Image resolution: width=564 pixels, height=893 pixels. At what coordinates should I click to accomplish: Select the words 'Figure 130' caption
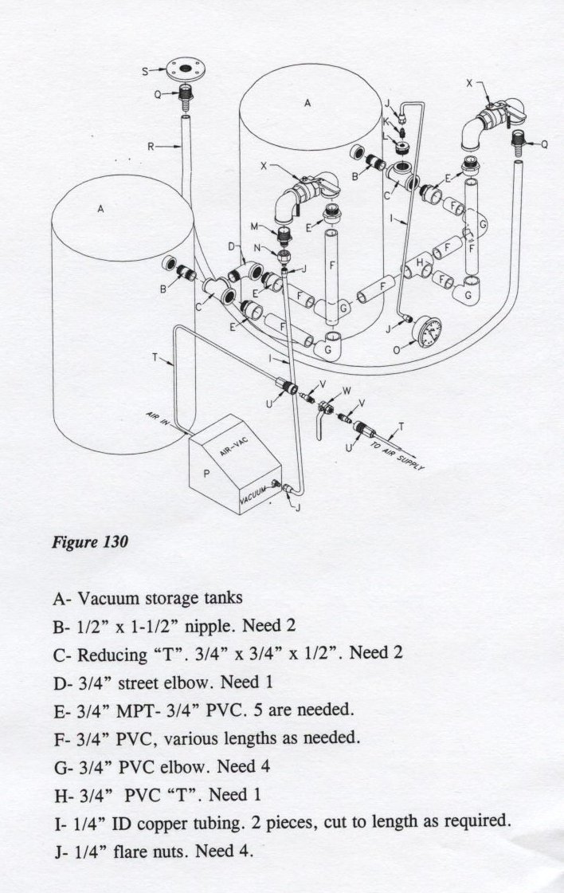pos(85,542)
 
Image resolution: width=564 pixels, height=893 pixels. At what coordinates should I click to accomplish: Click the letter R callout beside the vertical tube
pos(151,146)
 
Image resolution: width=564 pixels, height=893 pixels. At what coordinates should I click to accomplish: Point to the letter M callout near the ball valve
pos(256,226)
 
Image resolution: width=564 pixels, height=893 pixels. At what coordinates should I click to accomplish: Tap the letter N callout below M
pos(257,248)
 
